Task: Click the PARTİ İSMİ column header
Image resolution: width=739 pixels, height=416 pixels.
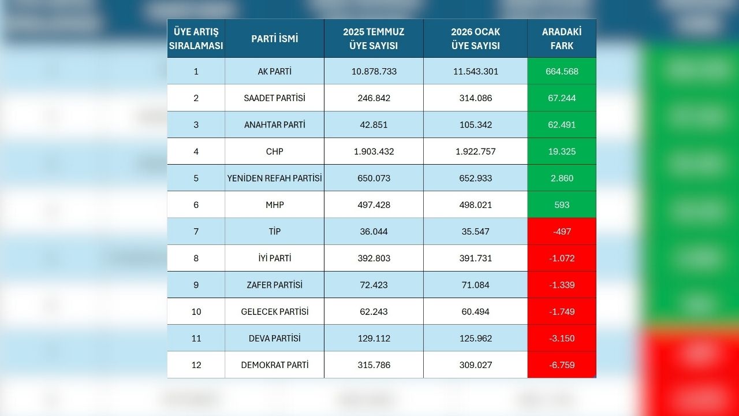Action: pos(275,39)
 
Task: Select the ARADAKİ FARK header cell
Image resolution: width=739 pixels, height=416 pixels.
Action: pos(561,39)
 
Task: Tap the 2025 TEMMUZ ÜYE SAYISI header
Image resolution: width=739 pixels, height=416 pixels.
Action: pos(374,39)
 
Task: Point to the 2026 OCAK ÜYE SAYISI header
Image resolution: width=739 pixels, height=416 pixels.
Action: pos(475,39)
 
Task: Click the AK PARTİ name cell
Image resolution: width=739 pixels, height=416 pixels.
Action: pos(275,72)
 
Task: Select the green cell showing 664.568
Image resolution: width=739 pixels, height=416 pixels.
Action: pos(562,72)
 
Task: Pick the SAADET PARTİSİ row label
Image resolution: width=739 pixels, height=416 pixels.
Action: pos(275,98)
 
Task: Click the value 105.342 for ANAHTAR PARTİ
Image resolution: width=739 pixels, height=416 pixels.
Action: pos(475,125)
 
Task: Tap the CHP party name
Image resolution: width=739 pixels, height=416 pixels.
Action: pos(275,151)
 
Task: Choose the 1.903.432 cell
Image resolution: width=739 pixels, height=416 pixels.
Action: pos(374,151)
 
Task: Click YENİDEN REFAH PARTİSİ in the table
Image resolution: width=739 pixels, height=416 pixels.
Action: pos(275,178)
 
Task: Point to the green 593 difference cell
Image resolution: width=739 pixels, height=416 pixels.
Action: pos(562,205)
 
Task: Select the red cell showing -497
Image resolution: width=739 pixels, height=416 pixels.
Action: pos(562,231)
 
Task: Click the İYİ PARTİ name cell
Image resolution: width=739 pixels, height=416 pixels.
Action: pos(275,258)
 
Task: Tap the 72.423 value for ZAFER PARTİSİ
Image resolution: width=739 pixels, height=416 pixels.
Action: pos(374,285)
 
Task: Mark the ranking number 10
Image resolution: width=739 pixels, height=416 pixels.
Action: pos(196,311)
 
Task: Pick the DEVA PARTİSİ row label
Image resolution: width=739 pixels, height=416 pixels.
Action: pos(275,338)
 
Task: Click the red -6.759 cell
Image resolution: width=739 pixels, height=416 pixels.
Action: pos(562,365)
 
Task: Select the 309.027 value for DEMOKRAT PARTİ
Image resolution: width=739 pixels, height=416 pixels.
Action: pos(475,365)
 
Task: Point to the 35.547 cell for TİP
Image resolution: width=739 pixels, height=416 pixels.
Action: pos(475,231)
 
